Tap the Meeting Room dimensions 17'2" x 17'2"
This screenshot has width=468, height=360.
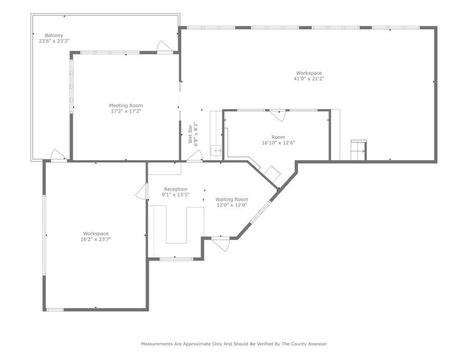click(126, 111)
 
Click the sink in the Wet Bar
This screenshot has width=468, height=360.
click(216, 150)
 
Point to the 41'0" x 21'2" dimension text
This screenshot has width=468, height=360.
click(308, 78)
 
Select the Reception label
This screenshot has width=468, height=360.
click(175, 189)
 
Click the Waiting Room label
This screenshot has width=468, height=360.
click(232, 200)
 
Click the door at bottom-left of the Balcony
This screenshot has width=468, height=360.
click(59, 156)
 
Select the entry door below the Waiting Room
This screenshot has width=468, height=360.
click(220, 243)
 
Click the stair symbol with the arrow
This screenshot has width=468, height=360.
click(358, 150)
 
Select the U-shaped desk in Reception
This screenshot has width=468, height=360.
click(178, 225)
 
